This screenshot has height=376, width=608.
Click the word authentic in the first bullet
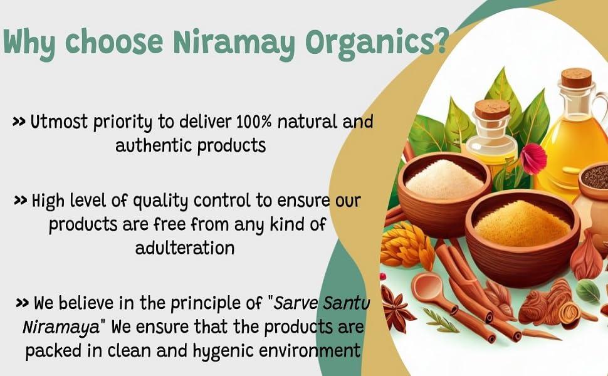[154, 145]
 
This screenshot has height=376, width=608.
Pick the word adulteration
[185, 248]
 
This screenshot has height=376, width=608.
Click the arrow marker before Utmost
[19, 122]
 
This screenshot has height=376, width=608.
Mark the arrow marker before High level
[20, 201]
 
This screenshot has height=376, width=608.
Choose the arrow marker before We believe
[22, 303]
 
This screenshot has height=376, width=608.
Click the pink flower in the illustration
[533, 158]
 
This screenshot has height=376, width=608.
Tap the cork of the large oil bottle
[576, 78]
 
